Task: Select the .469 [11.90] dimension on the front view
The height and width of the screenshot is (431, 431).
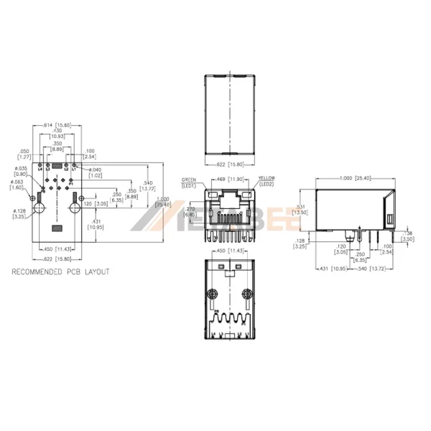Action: [228, 177]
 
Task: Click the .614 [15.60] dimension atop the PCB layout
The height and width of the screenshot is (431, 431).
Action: [58, 125]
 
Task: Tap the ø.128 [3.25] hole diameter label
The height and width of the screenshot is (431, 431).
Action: [19, 213]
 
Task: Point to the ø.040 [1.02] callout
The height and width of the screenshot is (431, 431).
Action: [95, 172]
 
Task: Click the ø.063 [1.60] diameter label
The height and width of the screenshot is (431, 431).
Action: [17, 185]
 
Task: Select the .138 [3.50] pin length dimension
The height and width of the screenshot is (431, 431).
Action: [407, 235]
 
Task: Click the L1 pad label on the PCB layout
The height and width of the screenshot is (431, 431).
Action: [74, 169]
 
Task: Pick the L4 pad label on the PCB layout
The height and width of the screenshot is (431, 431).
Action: [40, 169]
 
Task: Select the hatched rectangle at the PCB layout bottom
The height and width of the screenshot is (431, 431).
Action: [57, 228]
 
